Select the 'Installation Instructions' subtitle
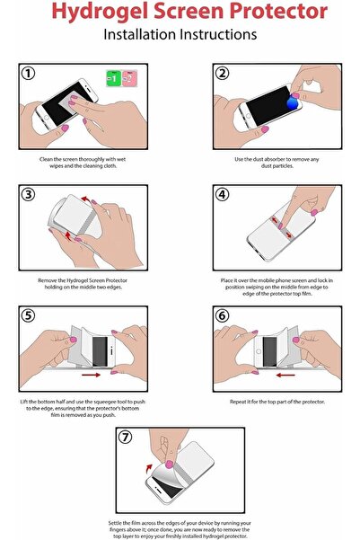coord(180,35)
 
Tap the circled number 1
coord(29,75)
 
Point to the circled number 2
coord(221,75)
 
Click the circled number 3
coord(29,195)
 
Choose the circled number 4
coord(221,195)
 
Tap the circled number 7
coord(125,438)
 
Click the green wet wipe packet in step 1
coord(113,78)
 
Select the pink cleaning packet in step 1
coord(127,78)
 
